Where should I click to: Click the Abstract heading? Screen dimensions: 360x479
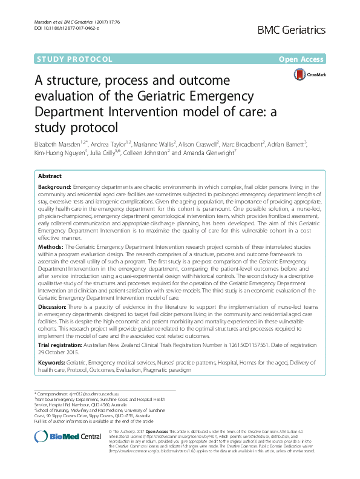point(50,175)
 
